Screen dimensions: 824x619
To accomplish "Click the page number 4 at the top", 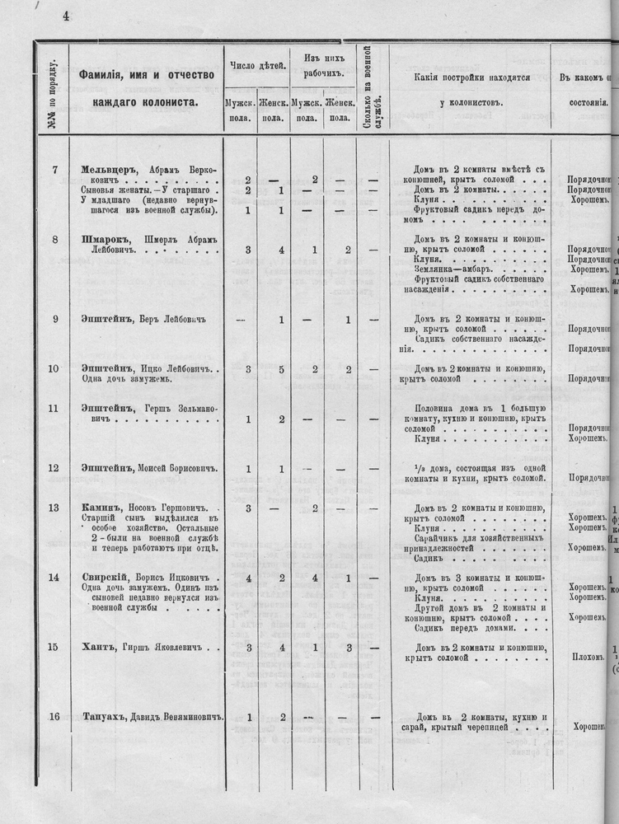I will tap(65, 15).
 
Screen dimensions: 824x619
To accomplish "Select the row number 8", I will tap(54, 240).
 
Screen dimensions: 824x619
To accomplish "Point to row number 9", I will tap(54, 320).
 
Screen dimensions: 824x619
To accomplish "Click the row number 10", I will tap(54, 368).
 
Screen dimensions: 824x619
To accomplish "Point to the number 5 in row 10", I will tap(282, 369).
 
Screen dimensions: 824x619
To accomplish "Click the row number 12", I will tap(54, 469).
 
